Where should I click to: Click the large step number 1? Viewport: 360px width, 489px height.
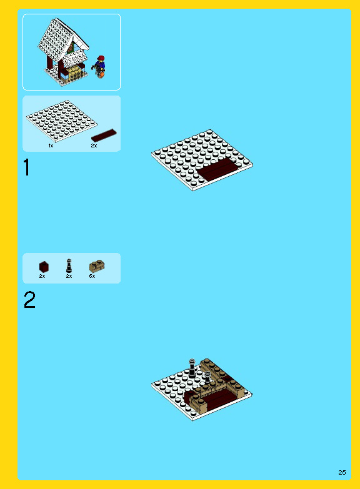pyautogui.click(x=27, y=167)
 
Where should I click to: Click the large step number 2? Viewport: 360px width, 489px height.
pyautogui.click(x=29, y=300)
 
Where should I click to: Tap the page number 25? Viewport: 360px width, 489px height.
pyautogui.click(x=342, y=472)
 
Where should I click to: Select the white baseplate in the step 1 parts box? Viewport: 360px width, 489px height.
pyautogui.click(x=62, y=121)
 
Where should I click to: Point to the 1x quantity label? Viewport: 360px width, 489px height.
pyautogui.click(x=51, y=146)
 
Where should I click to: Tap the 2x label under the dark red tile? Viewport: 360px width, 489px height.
pyautogui.click(x=94, y=146)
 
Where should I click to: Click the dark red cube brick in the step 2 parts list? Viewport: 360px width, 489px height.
pyautogui.click(x=44, y=267)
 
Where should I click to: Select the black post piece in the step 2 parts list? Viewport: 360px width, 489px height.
pyautogui.click(x=69, y=265)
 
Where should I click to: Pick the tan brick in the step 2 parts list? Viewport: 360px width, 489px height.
pyautogui.click(x=97, y=266)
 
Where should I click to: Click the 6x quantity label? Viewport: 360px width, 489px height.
pyautogui.click(x=92, y=276)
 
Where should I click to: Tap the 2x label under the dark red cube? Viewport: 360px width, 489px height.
pyautogui.click(x=42, y=276)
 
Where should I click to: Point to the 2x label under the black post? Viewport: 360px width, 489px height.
pyautogui.click(x=69, y=276)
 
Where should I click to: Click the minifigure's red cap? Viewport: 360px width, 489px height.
pyautogui.click(x=101, y=58)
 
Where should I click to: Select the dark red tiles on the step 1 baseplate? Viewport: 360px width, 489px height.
pyautogui.click(x=217, y=169)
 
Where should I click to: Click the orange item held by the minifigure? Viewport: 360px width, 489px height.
pyautogui.click(x=101, y=75)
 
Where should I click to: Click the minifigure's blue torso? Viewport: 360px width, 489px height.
pyautogui.click(x=100, y=66)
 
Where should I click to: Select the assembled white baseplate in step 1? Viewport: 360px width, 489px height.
pyautogui.click(x=202, y=160)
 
